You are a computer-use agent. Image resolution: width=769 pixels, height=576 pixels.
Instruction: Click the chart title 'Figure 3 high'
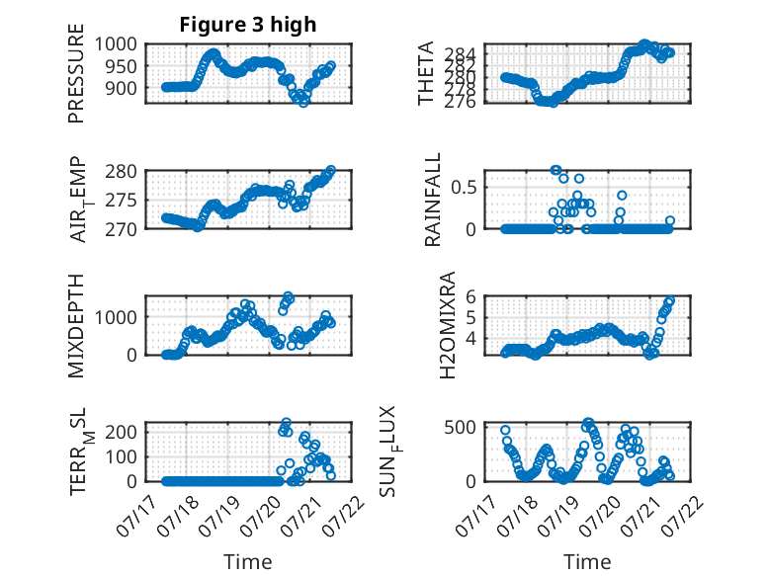[248, 25]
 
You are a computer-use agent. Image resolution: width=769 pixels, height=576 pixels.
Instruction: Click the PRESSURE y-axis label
[76, 73]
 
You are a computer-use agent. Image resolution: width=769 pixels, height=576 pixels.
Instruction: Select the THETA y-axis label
[426, 73]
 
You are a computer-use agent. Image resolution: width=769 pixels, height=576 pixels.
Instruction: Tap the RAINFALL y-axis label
[433, 200]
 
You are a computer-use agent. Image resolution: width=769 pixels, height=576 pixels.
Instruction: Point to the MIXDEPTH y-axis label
[76, 325]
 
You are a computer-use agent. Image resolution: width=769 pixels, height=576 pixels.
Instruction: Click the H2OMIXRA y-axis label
[448, 325]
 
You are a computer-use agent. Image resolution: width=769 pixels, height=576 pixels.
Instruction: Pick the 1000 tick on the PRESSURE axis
[116, 44]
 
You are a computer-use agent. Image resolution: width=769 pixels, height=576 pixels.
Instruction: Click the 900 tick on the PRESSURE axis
[122, 88]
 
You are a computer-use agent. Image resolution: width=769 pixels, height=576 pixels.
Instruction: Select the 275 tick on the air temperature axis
[122, 201]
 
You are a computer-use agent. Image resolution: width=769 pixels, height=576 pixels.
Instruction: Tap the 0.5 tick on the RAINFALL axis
[464, 188]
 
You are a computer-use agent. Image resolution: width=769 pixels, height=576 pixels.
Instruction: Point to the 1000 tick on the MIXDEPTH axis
[116, 317]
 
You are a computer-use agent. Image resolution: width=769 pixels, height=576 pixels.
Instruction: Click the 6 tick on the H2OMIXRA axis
[470, 296]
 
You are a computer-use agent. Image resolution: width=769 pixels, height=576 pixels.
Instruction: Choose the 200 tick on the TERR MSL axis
[122, 432]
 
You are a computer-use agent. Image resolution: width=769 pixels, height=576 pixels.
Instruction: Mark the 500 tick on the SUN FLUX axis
[460, 427]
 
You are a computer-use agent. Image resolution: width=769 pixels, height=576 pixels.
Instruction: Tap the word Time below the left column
[248, 561]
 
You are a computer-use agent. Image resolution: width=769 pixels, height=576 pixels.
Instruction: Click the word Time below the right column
[587, 561]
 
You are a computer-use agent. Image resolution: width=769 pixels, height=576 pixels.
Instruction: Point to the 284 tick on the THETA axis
[460, 53]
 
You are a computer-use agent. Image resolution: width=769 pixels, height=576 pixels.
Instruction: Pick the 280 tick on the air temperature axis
[122, 172]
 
